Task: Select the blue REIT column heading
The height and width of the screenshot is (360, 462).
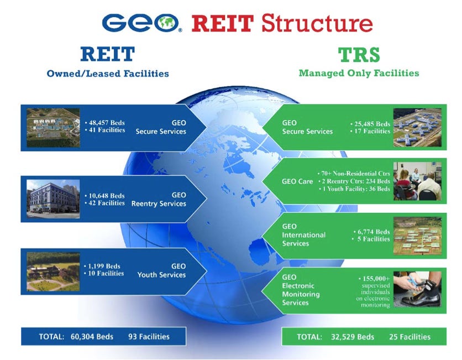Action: pos(107,54)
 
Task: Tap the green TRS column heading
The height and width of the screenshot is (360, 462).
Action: pos(359,55)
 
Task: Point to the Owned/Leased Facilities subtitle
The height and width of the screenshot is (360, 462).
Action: pos(108,74)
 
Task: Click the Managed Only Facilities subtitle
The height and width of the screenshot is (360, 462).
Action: pos(359,73)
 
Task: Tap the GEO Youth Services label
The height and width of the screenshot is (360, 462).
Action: pos(162,270)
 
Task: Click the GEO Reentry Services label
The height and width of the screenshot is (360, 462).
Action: pos(159,200)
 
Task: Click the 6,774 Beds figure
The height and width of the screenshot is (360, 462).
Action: pos(374,232)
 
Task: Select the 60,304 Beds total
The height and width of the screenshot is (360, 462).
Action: pos(92,336)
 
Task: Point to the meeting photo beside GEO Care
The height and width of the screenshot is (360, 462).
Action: pos(417,181)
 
